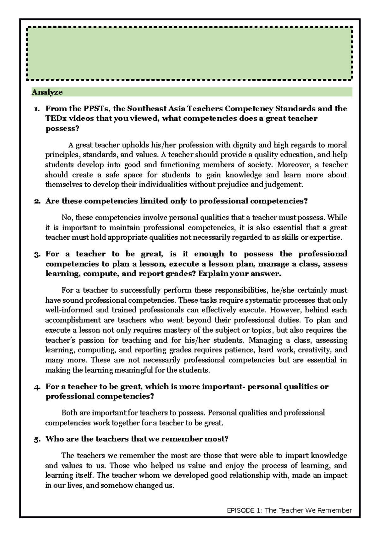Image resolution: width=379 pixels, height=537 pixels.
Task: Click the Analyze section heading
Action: pyautogui.click(x=47, y=92)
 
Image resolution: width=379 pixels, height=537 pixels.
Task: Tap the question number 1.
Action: pyautogui.click(x=37, y=109)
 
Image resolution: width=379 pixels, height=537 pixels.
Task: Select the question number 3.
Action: pyautogui.click(x=37, y=254)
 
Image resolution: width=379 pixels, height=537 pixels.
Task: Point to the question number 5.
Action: pyautogui.click(x=37, y=439)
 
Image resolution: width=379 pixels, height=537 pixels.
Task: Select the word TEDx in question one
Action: pyautogui.click(x=56, y=119)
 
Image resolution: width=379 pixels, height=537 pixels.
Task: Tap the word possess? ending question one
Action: pyautogui.click(x=62, y=129)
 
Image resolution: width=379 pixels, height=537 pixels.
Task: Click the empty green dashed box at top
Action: pyautogui.click(x=189, y=53)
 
